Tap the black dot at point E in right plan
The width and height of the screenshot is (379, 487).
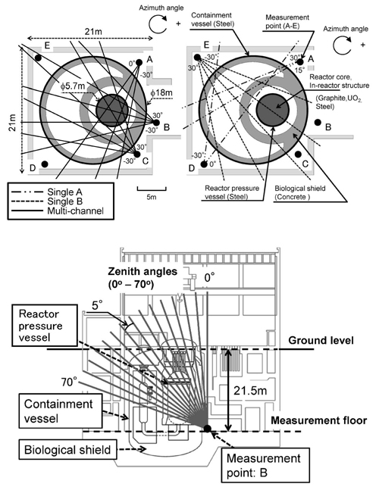tap(197, 57)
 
